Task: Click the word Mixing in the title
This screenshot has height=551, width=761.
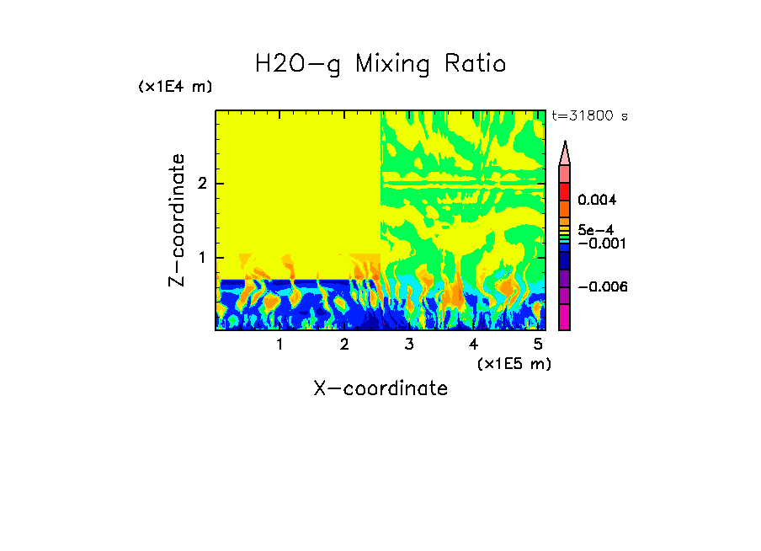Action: pyautogui.click(x=392, y=64)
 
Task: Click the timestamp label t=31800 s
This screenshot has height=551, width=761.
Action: pyautogui.click(x=589, y=116)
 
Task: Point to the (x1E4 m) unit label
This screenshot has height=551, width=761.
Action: pyautogui.click(x=175, y=87)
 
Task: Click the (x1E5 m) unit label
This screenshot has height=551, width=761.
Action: pyautogui.click(x=514, y=363)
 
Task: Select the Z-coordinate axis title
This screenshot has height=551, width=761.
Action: pyautogui.click(x=177, y=220)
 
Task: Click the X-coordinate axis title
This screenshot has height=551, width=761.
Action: pyautogui.click(x=380, y=388)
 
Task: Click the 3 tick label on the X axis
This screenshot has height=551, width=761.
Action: pyautogui.click(x=409, y=345)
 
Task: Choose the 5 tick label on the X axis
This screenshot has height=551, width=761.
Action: pyautogui.click(x=538, y=345)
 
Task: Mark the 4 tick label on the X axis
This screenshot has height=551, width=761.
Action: pyautogui.click(x=473, y=345)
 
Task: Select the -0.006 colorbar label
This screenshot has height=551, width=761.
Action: pyautogui.click(x=604, y=287)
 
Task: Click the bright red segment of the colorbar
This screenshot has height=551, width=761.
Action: pyautogui.click(x=565, y=190)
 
